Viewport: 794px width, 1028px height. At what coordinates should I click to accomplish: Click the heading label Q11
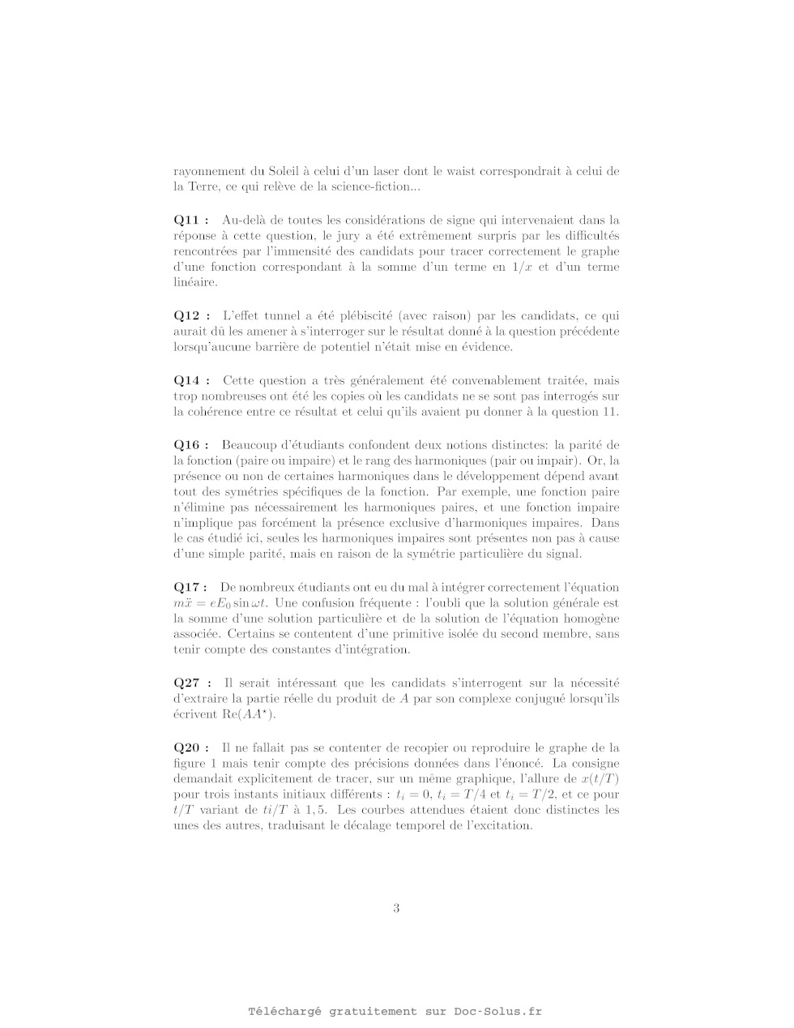(191, 220)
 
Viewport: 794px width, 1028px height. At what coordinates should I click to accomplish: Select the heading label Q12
(191, 315)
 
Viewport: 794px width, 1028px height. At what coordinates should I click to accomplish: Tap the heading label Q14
(191, 380)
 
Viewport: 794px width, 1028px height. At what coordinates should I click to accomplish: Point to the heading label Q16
(191, 445)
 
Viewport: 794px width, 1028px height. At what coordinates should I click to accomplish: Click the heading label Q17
(190, 587)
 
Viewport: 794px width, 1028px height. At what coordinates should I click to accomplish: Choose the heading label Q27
(191, 683)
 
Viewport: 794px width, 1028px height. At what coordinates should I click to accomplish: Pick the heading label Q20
(191, 747)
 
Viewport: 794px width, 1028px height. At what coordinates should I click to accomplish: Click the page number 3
(396, 908)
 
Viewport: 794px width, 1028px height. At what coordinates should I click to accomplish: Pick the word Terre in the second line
(204, 187)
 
